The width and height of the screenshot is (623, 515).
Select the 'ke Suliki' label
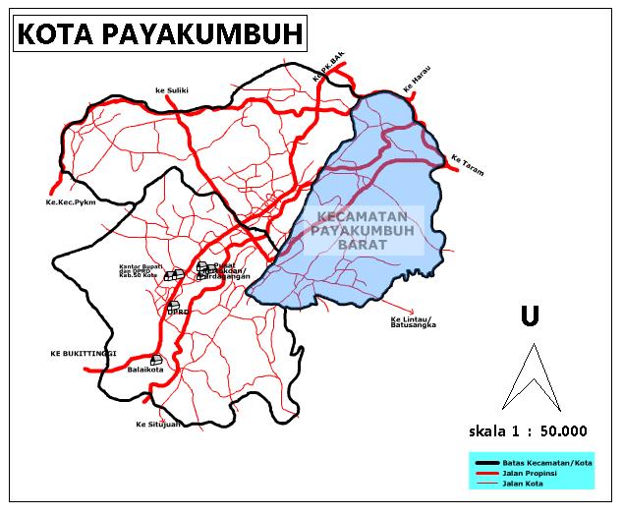coord(171,90)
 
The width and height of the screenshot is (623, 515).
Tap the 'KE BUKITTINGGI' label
coord(84,352)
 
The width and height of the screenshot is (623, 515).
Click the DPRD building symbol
coord(173,306)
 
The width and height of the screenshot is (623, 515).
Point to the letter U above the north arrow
coord(531,315)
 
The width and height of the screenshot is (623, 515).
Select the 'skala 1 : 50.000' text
coord(528,429)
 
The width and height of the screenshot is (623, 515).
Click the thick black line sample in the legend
coord(484,463)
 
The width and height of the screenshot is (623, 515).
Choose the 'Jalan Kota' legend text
coord(522,483)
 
